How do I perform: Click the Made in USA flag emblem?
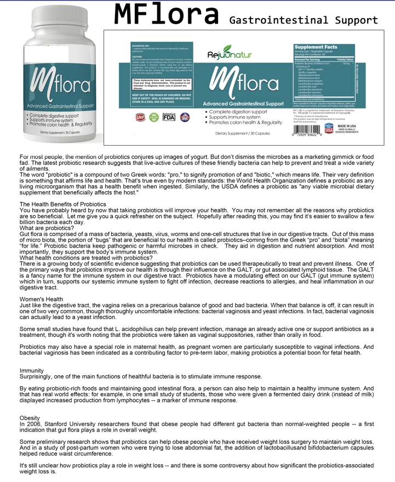pyautogui.click(x=329, y=130)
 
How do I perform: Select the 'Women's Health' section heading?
pyautogui.click(x=41, y=299)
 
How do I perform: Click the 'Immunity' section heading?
pyautogui.click(x=32, y=371)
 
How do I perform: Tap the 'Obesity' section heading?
pyautogui.click(x=30, y=418)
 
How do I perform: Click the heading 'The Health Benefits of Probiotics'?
pyautogui.click(x=63, y=204)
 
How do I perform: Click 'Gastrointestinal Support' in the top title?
pyautogui.click(x=304, y=21)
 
